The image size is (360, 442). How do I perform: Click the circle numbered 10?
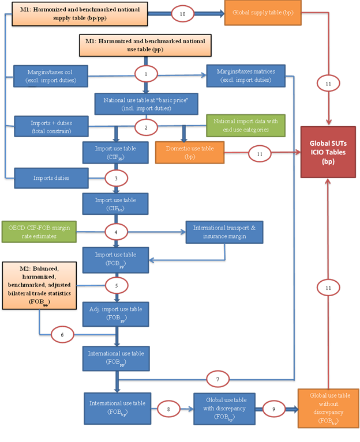pos(182,15)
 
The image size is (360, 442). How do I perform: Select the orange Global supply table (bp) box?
pos(262,13)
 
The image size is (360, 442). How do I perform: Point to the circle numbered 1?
pos(147,74)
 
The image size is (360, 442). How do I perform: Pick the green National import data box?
pos(245,126)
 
